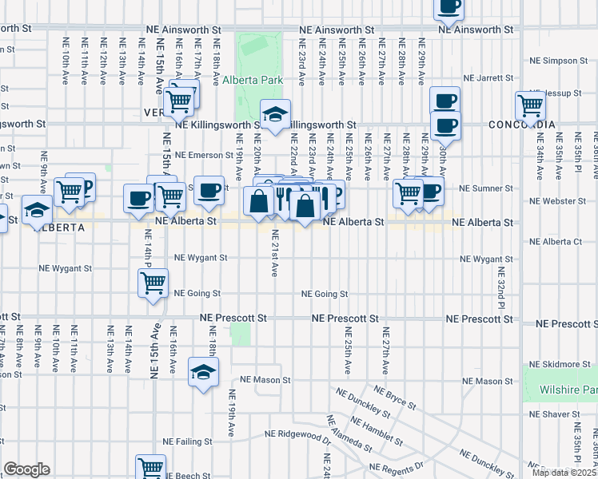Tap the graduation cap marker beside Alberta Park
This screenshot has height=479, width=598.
pyautogui.click(x=275, y=117)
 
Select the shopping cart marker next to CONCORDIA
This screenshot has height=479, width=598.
pyautogui.click(x=530, y=105)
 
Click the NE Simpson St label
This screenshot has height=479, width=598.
pyautogui.click(x=559, y=61)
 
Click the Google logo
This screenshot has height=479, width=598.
pyautogui.click(x=26, y=469)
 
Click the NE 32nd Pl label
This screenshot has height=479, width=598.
pyautogui.click(x=501, y=294)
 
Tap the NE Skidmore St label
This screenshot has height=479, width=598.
pyautogui.click(x=562, y=363)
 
